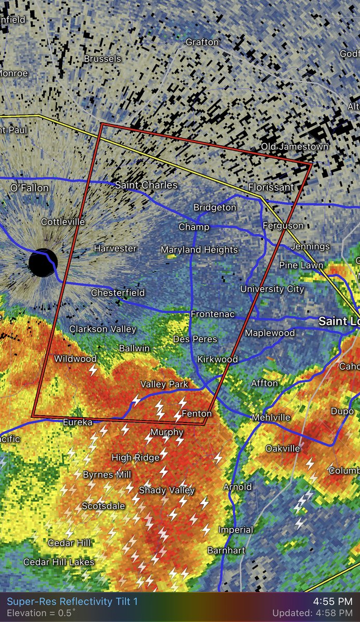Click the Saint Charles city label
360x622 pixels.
point(146,185)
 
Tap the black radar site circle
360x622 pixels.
point(43,263)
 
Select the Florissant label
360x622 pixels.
point(271,187)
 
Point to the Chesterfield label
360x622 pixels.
point(118,293)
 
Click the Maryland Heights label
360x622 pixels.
point(199,250)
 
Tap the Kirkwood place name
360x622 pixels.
point(218,359)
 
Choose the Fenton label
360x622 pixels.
point(197,414)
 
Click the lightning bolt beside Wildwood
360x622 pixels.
point(93,370)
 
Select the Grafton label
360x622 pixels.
point(202,42)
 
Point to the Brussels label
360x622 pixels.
point(102,59)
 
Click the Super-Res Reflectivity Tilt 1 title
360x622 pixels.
point(73,602)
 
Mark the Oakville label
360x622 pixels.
point(283,448)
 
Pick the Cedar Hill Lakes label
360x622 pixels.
point(59,562)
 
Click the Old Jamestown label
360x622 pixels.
point(294,147)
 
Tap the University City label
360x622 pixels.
point(272,289)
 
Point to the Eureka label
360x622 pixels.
point(77,422)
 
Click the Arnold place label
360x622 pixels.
point(238,487)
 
